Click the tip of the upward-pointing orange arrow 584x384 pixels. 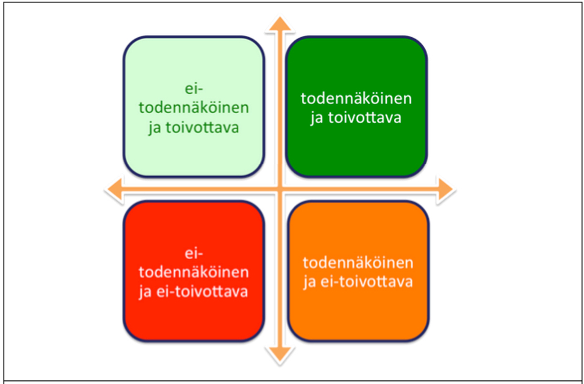point(280,17)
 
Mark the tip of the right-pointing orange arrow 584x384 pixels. point(453,190)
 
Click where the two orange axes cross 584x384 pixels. point(280,190)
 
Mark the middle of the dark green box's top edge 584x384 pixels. point(357,37)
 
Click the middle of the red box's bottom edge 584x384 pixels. point(194,341)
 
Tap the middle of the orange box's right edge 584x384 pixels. point(429,271)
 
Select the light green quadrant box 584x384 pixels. point(194,107)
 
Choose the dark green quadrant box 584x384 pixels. point(357,107)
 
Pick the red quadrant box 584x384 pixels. point(194,271)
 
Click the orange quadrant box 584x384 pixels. point(358,271)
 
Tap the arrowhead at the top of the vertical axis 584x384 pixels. point(280,25)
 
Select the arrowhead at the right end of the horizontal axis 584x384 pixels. point(446,190)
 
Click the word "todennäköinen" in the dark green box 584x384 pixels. point(357,99)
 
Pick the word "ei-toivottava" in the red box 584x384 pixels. point(202,291)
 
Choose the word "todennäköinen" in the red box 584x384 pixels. point(194,272)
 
